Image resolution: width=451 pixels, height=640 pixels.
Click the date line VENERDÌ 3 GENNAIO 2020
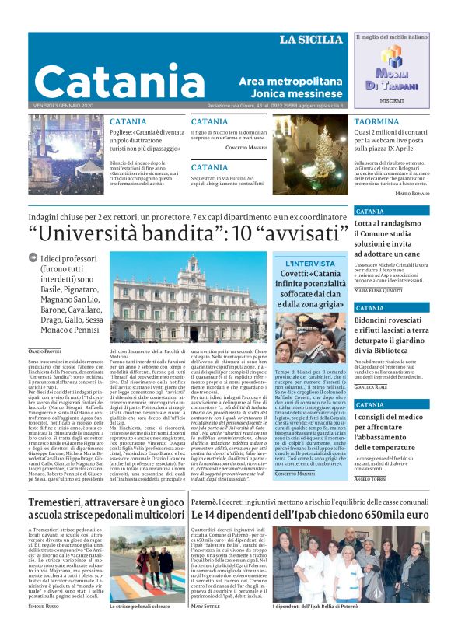coord(64,106)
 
